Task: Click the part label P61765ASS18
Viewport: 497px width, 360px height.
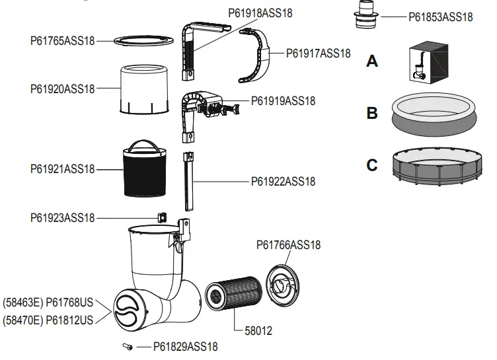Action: (62, 41)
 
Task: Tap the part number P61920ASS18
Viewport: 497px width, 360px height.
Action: (62, 88)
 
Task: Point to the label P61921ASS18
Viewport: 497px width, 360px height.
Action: (62, 169)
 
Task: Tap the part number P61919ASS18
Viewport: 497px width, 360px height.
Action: (283, 101)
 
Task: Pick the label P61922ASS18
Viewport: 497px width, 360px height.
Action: (283, 181)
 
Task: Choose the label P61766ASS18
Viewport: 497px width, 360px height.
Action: (288, 245)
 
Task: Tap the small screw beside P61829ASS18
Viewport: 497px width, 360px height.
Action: (128, 346)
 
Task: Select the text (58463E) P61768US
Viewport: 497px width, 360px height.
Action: (48, 303)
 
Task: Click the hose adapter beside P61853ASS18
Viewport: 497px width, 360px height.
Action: (363, 15)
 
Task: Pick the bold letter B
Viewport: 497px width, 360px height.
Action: (372, 113)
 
